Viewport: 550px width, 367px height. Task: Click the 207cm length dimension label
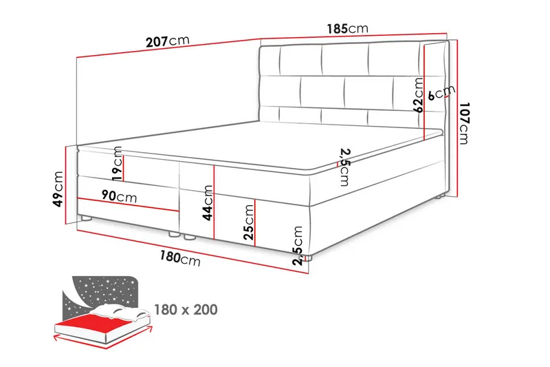[x=168, y=41]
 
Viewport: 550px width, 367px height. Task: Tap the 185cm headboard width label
[x=348, y=28]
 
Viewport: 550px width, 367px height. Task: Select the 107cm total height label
[x=463, y=123]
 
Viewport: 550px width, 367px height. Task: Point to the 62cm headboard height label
[x=418, y=95]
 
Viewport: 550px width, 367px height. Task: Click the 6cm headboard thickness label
[x=441, y=92]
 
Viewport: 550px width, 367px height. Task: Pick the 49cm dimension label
[x=58, y=189]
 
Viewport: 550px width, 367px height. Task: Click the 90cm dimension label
[x=119, y=196]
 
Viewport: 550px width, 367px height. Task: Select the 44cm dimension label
[x=208, y=203]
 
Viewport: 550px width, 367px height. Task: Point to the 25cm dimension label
[x=248, y=222]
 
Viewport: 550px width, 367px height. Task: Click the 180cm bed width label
[x=180, y=258]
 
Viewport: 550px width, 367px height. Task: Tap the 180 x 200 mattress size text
[x=186, y=309]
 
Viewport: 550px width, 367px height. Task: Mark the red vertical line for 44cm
[x=214, y=202]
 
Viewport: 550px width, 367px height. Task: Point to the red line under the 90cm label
[x=128, y=205]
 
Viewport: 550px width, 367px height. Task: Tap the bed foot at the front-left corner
[x=85, y=218]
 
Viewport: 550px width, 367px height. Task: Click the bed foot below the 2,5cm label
[x=307, y=258]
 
